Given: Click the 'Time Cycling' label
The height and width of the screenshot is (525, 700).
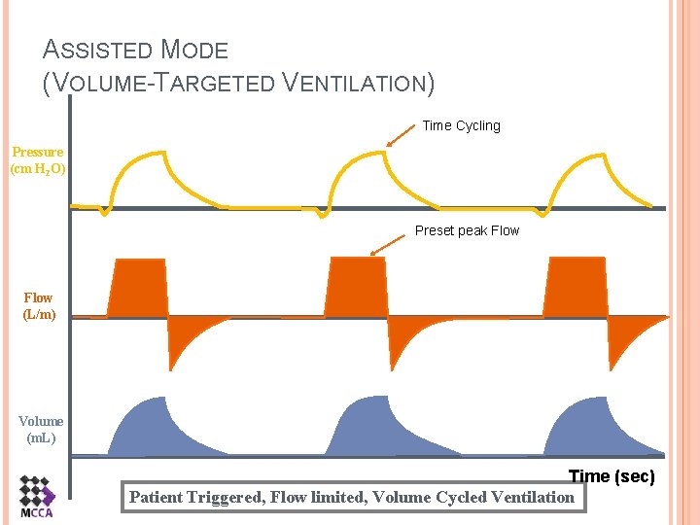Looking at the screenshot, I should click(x=461, y=125).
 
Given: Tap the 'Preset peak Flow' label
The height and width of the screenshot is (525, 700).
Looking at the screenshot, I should click(x=467, y=230).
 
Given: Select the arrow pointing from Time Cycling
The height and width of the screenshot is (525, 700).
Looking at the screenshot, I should click(x=401, y=137).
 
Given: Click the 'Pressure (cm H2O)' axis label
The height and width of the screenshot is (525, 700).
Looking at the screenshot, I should click(x=38, y=160).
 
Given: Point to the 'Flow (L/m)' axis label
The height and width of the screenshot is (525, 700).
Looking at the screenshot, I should click(x=39, y=306).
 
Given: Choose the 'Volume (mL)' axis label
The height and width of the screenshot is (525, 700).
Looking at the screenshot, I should click(x=41, y=429).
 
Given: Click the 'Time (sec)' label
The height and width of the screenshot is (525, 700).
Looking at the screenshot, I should click(x=612, y=476).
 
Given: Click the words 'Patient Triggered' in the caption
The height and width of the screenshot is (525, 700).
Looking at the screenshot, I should click(x=195, y=497).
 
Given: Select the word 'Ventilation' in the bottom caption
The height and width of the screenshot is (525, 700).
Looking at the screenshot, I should click(x=533, y=497).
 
